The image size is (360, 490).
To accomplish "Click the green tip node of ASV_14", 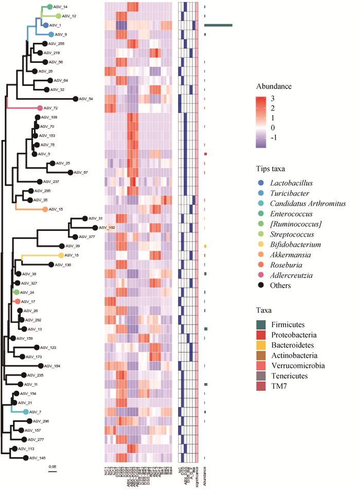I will [50, 7].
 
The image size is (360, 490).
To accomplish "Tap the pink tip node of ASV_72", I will [40, 108].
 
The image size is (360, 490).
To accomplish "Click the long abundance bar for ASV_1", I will [219, 25].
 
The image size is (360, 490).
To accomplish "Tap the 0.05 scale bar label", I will [53, 466].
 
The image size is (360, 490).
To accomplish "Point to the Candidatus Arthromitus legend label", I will [308, 204].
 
